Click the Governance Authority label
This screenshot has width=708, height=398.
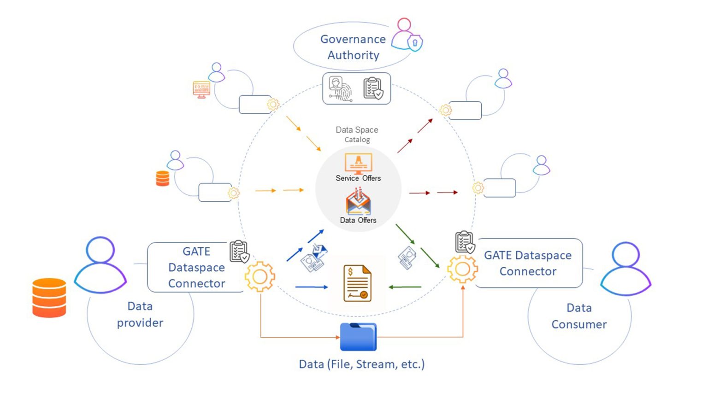tap(353, 47)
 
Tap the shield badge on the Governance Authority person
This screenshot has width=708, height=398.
tap(415, 43)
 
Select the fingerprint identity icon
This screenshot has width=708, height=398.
tap(340, 88)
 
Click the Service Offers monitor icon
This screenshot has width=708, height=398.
tap(358, 163)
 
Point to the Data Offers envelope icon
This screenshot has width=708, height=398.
tap(358, 202)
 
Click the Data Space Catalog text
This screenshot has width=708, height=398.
tap(357, 135)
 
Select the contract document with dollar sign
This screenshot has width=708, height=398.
tap(357, 283)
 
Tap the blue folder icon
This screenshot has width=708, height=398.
tap(358, 337)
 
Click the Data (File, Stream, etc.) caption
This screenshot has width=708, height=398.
tap(361, 364)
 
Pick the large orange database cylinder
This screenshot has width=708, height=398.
tap(49, 298)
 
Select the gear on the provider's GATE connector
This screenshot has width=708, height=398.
tap(260, 276)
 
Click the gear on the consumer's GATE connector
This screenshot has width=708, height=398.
tap(462, 269)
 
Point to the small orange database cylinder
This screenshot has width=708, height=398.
tap(163, 178)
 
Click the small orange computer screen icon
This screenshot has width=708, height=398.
tap(201, 88)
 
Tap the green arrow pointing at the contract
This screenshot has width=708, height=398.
tap(405, 287)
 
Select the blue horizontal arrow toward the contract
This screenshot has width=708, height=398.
tap(312, 287)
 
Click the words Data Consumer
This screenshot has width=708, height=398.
tap(579, 316)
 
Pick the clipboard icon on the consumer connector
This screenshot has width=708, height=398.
tap(465, 242)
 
